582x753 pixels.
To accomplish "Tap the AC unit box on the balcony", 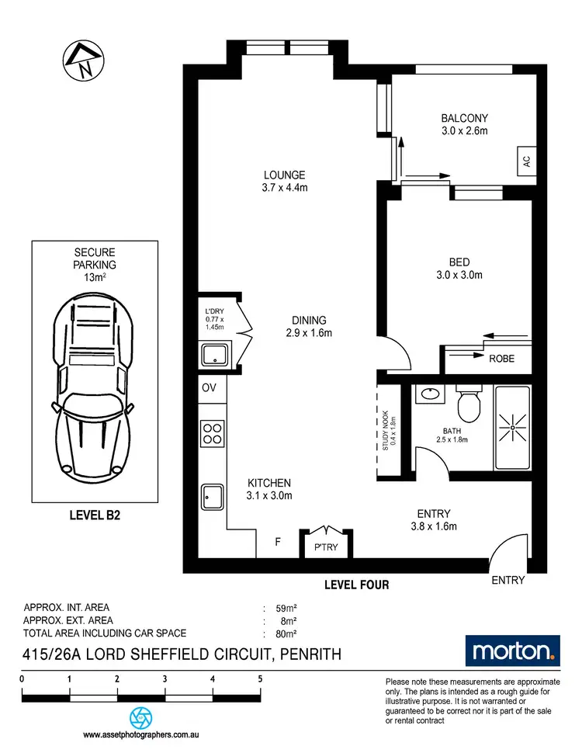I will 526,163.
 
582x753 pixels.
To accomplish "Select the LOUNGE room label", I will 283,175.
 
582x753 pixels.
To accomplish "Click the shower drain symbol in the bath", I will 512,426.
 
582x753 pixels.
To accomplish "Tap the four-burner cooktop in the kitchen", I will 212,432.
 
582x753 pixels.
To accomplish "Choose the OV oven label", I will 209,387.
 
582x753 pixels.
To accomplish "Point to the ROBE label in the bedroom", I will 501,359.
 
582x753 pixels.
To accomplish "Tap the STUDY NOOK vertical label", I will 387,432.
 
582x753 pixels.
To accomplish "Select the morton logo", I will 511,651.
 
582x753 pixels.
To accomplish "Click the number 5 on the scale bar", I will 260,678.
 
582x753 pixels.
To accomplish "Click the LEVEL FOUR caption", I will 358,585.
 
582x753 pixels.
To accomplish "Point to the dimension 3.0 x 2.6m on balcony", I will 465,130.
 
